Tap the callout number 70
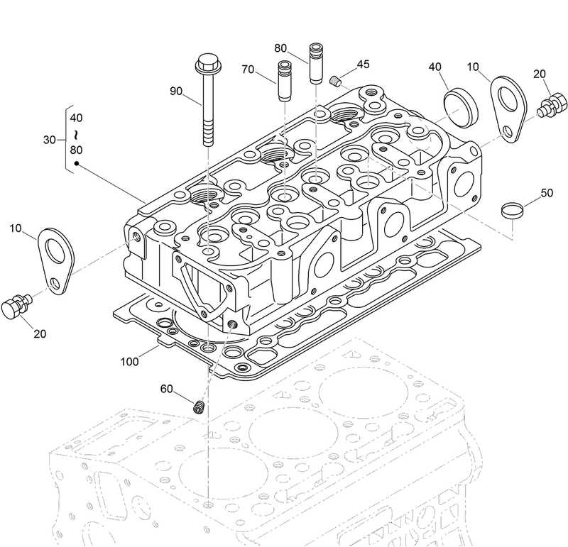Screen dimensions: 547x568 (x=248, y=70)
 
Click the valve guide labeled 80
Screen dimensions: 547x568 (x=316, y=64)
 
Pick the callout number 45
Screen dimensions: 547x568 (x=363, y=65)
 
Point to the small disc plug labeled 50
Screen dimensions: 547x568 (x=511, y=209)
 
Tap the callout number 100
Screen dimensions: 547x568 (x=129, y=362)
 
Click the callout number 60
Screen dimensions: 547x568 (x=166, y=388)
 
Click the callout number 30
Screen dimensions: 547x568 (x=49, y=140)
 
